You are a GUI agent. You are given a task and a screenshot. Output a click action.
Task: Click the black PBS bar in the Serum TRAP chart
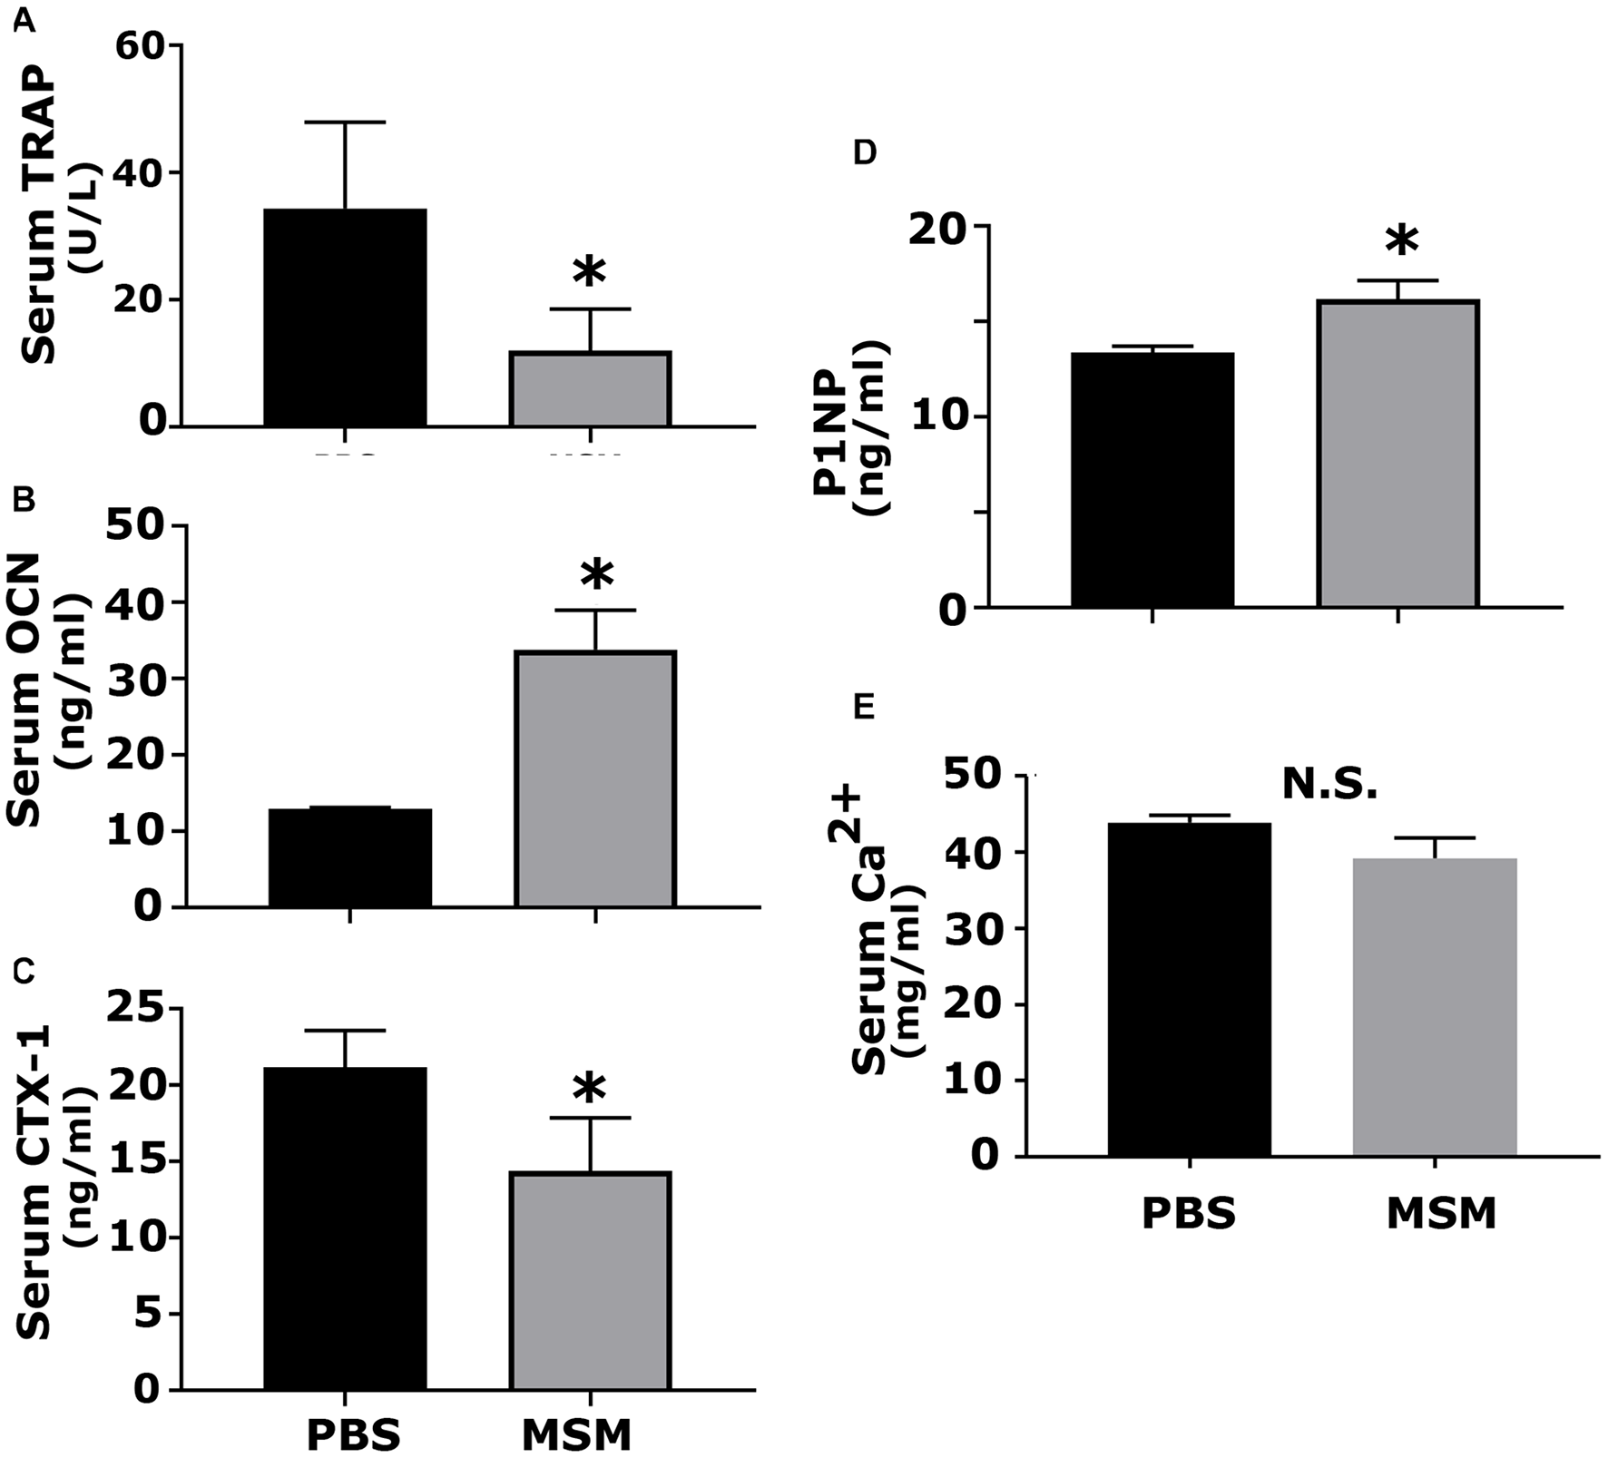(x=345, y=318)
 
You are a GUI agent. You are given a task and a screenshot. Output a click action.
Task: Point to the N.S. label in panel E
(x=1329, y=786)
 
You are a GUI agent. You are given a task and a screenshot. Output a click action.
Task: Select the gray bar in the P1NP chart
(x=1398, y=454)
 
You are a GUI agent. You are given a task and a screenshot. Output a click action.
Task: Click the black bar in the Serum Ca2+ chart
(x=1190, y=989)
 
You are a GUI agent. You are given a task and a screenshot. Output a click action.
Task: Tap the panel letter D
(x=865, y=152)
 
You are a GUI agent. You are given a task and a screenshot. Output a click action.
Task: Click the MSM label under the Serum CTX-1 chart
(x=577, y=1434)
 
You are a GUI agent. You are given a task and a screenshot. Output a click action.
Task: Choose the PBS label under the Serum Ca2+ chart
(x=1189, y=1214)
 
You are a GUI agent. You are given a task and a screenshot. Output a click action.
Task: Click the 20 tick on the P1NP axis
(x=943, y=227)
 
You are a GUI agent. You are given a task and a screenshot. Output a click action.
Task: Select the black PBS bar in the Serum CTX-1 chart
(x=345, y=1229)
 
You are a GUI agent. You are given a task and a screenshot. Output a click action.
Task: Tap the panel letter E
(x=864, y=707)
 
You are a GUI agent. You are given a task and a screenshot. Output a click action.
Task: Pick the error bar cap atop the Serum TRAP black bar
(x=345, y=122)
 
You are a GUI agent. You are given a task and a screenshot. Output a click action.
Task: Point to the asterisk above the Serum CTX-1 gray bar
(x=590, y=1089)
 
